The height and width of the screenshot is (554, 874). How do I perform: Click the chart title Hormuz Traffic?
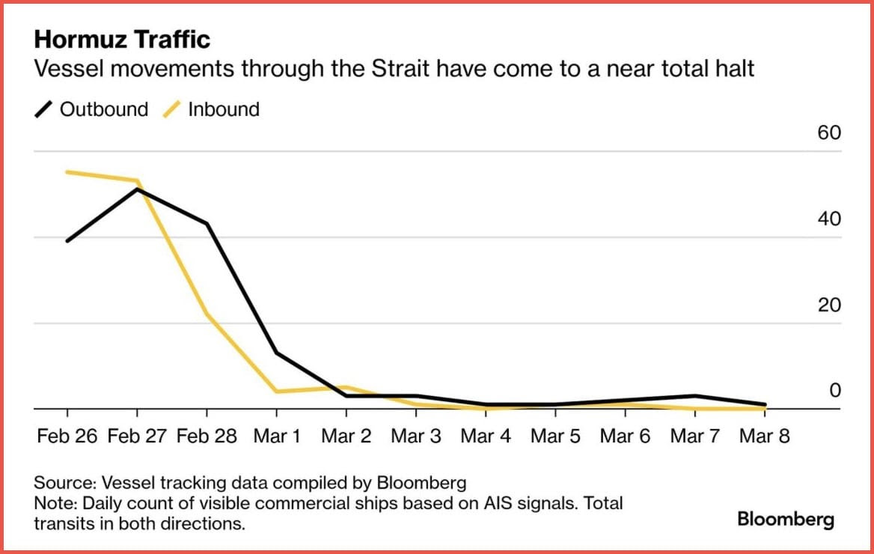[122, 40]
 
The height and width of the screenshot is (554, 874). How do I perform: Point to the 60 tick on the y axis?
[830, 133]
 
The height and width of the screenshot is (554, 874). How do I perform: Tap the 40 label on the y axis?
[830, 219]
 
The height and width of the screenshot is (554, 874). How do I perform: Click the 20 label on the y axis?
[830, 305]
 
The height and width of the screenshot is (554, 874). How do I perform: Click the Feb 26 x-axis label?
[67, 436]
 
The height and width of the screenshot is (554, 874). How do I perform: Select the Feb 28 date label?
[207, 436]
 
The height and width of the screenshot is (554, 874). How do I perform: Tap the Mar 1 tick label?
[276, 436]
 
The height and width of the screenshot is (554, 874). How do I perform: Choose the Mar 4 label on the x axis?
[486, 436]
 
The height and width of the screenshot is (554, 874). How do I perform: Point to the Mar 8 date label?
[765, 436]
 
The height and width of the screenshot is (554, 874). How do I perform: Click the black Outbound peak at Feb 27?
[137, 189]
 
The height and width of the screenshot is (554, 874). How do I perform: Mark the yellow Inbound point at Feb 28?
[207, 314]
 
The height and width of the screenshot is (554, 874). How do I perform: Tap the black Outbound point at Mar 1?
[276, 353]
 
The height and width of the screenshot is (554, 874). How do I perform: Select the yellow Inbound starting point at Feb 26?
[67, 172]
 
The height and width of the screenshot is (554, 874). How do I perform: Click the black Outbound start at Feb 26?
[67, 241]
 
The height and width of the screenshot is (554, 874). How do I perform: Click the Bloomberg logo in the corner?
[786, 519]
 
